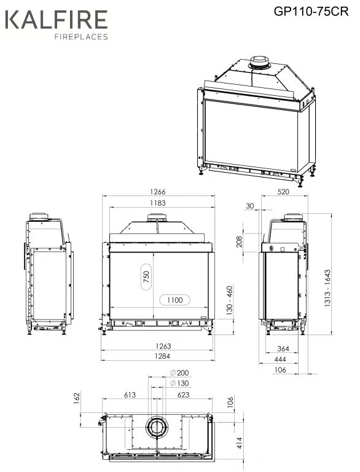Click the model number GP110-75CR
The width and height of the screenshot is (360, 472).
pyautogui.click(x=311, y=12)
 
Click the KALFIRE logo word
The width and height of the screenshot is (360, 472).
pyautogui.click(x=57, y=20)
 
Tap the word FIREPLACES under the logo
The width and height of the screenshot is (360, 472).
pyautogui.click(x=81, y=37)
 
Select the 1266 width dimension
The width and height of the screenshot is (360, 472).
pyautogui.click(x=158, y=192)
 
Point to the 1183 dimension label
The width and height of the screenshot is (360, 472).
pyautogui.click(x=158, y=203)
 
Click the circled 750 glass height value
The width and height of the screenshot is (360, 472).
pyautogui.click(x=146, y=277)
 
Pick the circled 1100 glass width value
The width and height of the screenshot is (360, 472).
pyautogui.click(x=174, y=300)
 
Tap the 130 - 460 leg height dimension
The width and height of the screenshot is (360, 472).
pyautogui.click(x=230, y=301)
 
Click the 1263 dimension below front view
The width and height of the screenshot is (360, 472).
pyautogui.click(x=163, y=346)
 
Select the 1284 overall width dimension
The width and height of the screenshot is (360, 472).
pyautogui.click(x=163, y=356)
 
